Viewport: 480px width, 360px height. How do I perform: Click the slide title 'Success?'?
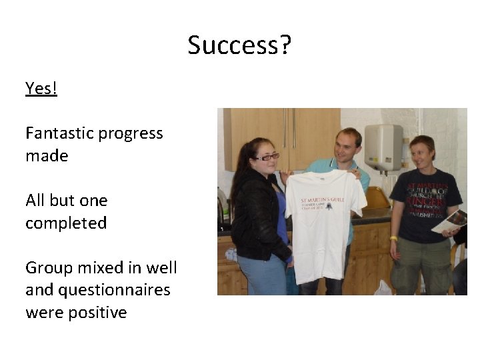[239, 46]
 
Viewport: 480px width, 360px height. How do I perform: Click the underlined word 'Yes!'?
[41, 89]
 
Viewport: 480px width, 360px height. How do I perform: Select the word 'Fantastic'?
[59, 133]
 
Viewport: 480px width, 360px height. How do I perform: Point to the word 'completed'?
[66, 223]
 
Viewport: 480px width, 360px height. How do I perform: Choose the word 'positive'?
[93, 313]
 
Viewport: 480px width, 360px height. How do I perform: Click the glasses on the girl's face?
[267, 157]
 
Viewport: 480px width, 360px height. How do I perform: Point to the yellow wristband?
[393, 238]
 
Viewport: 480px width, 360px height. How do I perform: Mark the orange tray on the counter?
[377, 198]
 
